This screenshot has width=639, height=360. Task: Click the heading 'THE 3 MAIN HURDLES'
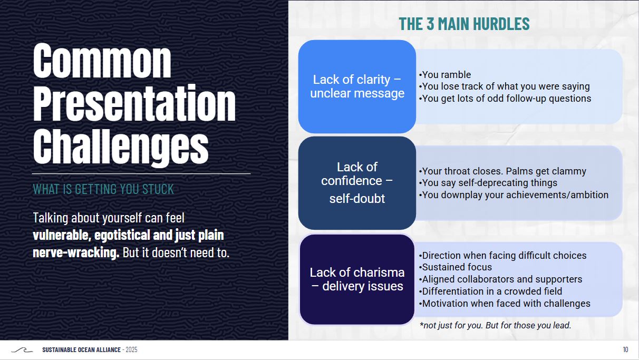[x=464, y=24]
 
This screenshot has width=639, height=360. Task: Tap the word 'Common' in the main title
[x=102, y=61]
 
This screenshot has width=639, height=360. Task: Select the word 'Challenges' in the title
[x=121, y=147]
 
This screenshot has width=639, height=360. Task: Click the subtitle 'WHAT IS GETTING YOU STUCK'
[x=103, y=189]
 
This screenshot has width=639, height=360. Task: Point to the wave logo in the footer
[x=22, y=350]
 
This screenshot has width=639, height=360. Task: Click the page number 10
[x=626, y=350]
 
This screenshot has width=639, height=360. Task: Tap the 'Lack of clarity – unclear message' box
[x=357, y=86]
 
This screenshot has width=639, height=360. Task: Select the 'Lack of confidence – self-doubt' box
[x=357, y=183]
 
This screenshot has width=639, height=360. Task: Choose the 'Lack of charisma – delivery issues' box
[x=357, y=279]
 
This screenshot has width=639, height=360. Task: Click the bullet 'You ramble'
[x=445, y=74]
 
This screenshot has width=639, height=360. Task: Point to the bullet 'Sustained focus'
[x=456, y=267]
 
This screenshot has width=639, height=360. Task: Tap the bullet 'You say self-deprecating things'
[x=488, y=183]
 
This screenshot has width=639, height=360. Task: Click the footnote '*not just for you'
[x=451, y=325]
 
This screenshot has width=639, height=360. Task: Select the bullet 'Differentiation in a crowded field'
[x=490, y=291]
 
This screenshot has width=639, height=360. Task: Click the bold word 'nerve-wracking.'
[x=76, y=252]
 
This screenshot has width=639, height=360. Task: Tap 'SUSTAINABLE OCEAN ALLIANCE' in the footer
[x=81, y=350]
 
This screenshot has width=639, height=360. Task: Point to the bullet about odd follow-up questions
[x=505, y=99]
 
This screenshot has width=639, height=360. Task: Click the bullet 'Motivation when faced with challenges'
[x=505, y=304]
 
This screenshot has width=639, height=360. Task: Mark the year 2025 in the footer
[x=131, y=350]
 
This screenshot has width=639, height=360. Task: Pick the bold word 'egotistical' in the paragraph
[x=122, y=235]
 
